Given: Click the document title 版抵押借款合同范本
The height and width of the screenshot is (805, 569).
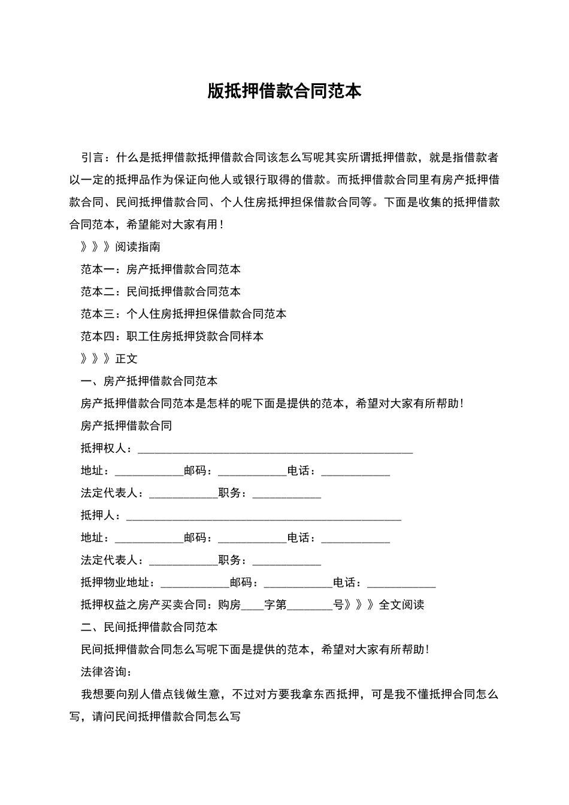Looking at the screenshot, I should [x=284, y=91].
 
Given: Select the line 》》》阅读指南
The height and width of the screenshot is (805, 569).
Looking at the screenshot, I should [x=120, y=247].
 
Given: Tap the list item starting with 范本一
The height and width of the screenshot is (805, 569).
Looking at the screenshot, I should [x=161, y=269].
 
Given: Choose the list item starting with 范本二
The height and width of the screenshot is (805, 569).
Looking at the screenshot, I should [x=161, y=292].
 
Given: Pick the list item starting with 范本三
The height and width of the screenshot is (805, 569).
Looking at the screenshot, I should [x=183, y=314].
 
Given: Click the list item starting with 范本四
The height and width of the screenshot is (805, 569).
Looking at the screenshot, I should [x=172, y=336].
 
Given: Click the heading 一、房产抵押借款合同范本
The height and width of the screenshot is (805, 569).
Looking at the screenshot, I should [x=149, y=381].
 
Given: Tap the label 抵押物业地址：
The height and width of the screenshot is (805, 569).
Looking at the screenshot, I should [x=120, y=583].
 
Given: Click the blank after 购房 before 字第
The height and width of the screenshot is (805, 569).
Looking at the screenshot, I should [x=252, y=607].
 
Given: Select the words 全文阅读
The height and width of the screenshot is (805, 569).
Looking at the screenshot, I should [x=401, y=605].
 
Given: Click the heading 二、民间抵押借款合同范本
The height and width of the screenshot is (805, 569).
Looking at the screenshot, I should [x=149, y=627].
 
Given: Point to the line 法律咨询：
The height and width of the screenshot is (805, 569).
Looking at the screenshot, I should [x=106, y=672].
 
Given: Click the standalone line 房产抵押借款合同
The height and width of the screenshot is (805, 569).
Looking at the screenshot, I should [x=126, y=426].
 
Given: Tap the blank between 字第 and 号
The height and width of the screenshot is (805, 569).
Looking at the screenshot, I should [x=310, y=607].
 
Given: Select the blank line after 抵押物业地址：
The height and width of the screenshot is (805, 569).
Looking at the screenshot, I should [x=195, y=584].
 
